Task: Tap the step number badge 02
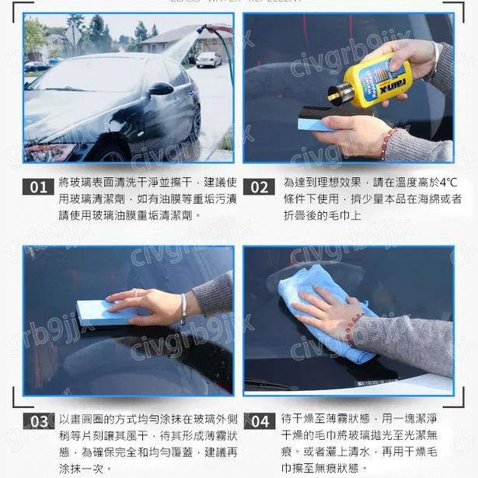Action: click(x=259, y=187)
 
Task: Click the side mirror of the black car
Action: click(x=160, y=89)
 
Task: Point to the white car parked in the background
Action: click(x=208, y=59)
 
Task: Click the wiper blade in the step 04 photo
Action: click(x=272, y=384)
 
